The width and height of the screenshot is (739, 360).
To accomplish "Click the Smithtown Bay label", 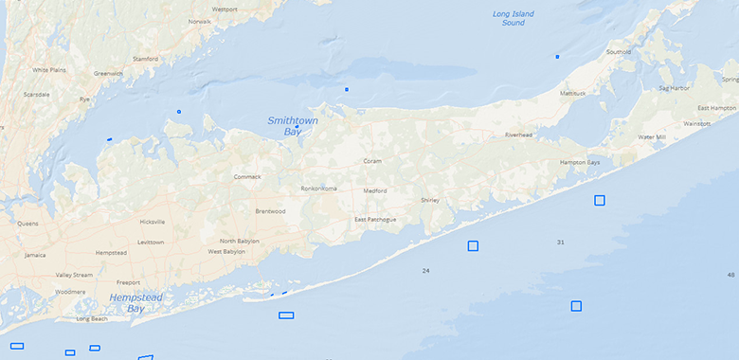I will (293, 126).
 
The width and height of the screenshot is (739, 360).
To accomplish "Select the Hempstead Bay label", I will (135, 302).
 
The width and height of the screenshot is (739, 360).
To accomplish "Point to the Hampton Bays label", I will (580, 162).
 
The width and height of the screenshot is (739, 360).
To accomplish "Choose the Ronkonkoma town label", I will (319, 189).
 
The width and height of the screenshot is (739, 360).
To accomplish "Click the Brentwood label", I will (270, 211).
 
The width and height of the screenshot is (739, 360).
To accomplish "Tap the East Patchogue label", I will (375, 220).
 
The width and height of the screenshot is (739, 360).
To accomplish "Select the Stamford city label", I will (145, 59).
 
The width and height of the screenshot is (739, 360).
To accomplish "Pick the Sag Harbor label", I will (674, 88).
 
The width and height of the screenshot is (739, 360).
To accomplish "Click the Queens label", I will (27, 224).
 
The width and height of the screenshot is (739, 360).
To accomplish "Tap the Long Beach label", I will (92, 318).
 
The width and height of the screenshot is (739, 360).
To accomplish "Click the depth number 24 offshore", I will (425, 271).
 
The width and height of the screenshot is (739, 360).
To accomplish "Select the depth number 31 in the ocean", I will (560, 243).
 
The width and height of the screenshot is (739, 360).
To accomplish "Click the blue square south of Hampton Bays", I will (600, 200).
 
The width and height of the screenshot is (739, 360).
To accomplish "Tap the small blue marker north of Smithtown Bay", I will (347, 89).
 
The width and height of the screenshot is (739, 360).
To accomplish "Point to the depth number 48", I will (730, 275).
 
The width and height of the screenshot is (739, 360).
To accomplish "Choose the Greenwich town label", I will (108, 73).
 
